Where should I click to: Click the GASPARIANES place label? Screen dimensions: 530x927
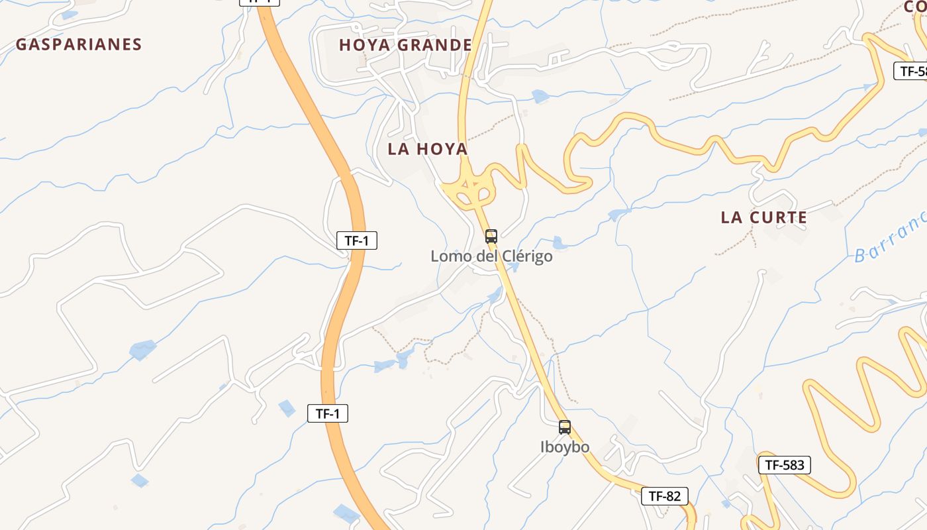tap(79, 44)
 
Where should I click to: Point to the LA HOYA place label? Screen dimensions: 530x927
tap(428, 149)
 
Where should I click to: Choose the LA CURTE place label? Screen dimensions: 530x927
tap(763, 217)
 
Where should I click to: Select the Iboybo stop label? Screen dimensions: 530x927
tap(565, 447)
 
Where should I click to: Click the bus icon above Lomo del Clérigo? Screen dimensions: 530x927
tap(491, 236)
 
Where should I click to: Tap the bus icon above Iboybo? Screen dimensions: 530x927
tap(564, 427)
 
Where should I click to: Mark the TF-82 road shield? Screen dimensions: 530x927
tap(664, 496)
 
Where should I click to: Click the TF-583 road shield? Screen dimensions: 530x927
tap(784, 465)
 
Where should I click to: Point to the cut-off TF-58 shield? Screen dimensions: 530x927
tap(911, 71)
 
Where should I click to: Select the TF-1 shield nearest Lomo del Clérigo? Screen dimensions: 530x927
tap(357, 240)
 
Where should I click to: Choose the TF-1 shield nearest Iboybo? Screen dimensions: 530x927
tap(328, 414)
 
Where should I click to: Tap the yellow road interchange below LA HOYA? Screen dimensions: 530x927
tap(469, 191)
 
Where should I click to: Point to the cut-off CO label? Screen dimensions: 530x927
tap(915, 7)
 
